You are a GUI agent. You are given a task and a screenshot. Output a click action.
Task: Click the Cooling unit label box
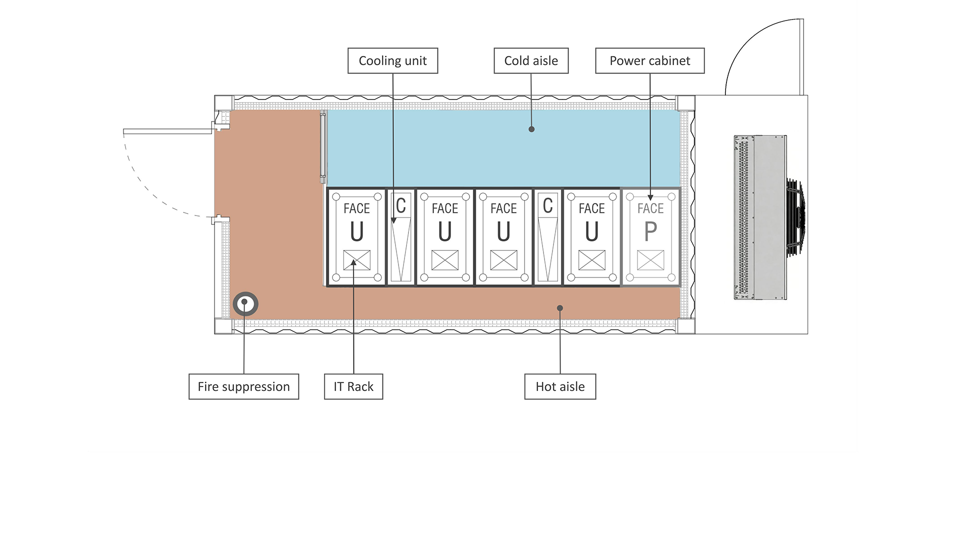(392, 61)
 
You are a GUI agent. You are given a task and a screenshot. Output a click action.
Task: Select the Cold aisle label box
(531, 61)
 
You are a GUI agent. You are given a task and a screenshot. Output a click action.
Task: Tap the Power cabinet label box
(650, 61)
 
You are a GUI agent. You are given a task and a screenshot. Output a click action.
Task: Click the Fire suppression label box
(244, 386)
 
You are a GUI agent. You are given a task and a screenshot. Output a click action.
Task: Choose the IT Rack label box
(353, 386)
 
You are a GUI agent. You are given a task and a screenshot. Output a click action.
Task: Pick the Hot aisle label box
(560, 386)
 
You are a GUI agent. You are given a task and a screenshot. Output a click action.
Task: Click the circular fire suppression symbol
(245, 303)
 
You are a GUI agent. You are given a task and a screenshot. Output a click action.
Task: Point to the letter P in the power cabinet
(650, 231)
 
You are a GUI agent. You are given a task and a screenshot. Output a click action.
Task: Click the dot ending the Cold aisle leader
(531, 129)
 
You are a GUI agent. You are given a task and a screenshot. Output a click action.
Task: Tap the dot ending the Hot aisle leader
(560, 308)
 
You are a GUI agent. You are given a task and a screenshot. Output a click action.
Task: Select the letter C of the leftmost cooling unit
(400, 205)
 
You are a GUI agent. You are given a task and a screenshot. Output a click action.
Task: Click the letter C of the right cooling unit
(547, 205)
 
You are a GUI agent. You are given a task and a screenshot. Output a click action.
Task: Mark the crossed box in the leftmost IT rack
(357, 260)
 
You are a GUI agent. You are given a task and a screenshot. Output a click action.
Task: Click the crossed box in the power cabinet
(650, 260)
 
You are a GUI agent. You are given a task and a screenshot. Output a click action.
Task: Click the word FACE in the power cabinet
(650, 208)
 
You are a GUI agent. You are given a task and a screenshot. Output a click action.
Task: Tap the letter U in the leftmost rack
(357, 231)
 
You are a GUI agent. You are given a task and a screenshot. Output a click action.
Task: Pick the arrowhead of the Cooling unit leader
(393, 220)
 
